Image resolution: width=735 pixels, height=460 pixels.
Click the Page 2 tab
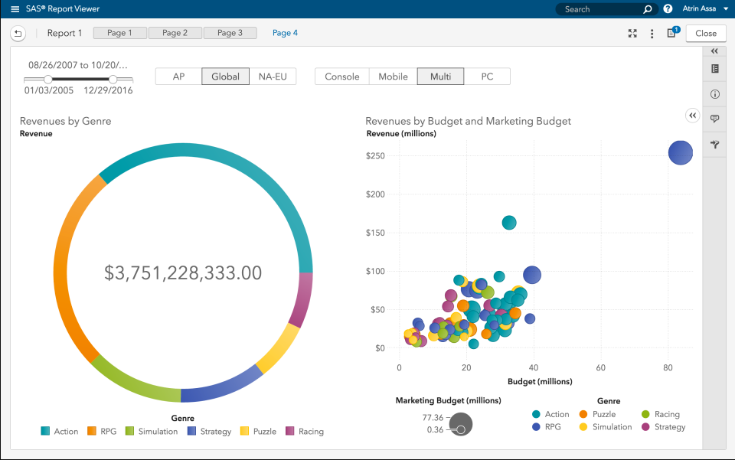(x=175, y=33)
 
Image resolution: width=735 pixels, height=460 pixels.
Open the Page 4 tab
(x=285, y=33)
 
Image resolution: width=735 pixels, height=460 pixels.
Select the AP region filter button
(x=178, y=77)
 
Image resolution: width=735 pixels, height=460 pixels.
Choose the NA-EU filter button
(x=273, y=77)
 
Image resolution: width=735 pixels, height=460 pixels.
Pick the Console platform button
(x=341, y=77)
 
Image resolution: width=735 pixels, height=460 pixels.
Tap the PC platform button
(x=487, y=77)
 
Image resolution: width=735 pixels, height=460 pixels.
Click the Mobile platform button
(x=393, y=77)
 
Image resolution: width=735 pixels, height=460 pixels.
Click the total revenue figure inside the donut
(x=183, y=272)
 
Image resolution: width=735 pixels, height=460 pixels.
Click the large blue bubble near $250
(x=680, y=152)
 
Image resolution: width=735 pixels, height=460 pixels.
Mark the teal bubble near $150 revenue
(x=509, y=223)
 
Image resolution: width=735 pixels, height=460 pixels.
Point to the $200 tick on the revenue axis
(x=375, y=194)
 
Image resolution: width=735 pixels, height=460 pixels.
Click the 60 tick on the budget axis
(x=601, y=367)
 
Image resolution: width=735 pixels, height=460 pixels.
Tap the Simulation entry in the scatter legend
(x=612, y=427)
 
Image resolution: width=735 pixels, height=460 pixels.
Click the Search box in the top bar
(x=597, y=9)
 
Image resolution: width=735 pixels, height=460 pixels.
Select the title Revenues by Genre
(x=65, y=121)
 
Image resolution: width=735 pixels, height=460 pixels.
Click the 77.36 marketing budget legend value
(x=433, y=418)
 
